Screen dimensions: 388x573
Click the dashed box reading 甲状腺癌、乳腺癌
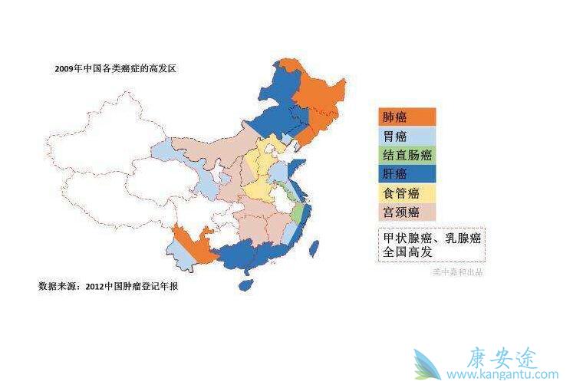click(x=432, y=244)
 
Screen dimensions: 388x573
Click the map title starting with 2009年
click(x=116, y=69)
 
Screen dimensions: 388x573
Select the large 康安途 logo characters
click(x=503, y=357)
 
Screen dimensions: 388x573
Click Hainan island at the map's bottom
click(x=245, y=284)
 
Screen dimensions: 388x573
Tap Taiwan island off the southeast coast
click(x=313, y=246)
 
